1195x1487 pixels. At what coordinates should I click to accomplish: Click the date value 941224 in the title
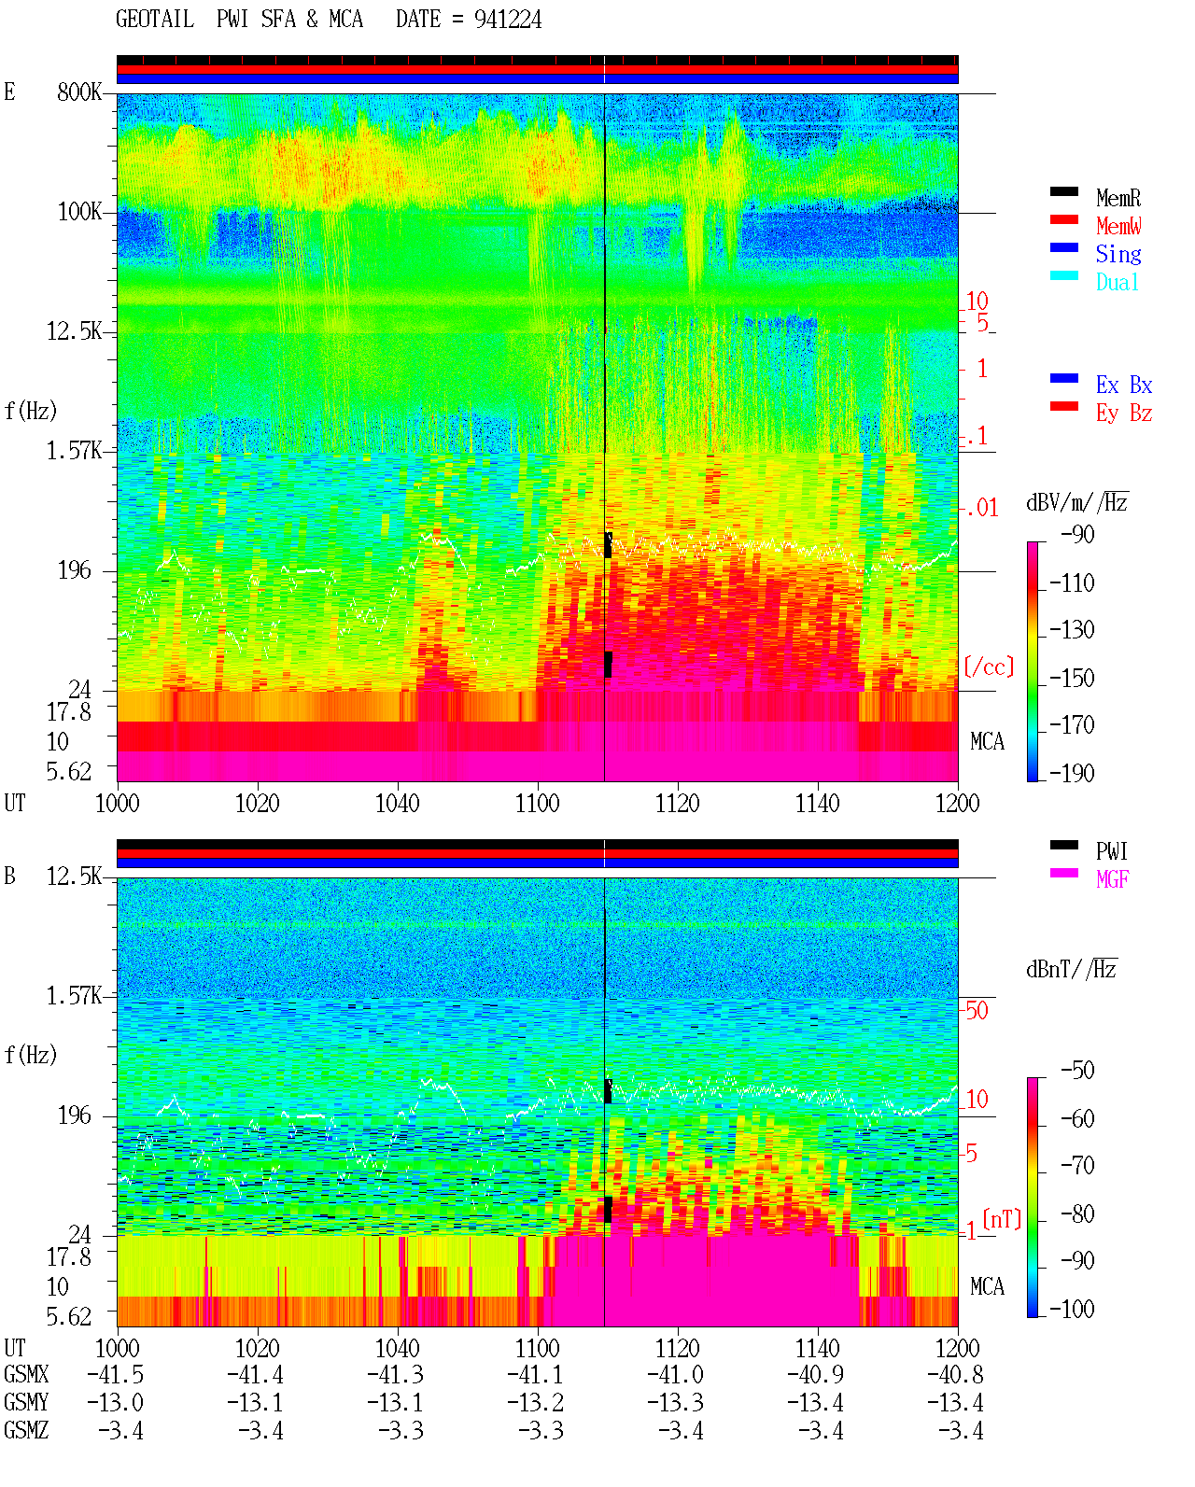click(x=507, y=20)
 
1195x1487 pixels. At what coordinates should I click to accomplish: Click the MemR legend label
click(x=1118, y=198)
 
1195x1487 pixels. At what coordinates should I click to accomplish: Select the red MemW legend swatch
click(x=1063, y=219)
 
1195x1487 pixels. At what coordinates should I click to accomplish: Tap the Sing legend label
click(x=1118, y=254)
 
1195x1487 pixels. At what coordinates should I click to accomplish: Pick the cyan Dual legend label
click(x=1117, y=282)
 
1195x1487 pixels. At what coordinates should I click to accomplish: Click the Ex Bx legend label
click(x=1124, y=385)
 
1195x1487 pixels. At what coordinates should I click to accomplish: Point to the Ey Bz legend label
click(x=1124, y=414)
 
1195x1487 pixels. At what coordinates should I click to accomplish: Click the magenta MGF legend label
click(x=1112, y=879)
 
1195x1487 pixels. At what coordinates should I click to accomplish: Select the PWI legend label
click(x=1111, y=851)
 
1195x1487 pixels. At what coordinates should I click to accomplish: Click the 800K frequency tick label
click(x=79, y=91)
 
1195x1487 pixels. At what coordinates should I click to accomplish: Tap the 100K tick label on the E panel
click(x=79, y=212)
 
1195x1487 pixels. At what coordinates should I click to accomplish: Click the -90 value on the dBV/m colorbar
click(x=1077, y=534)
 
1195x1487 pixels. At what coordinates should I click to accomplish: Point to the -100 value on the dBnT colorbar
click(x=1072, y=1309)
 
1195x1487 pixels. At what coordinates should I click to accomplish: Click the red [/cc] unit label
click(x=989, y=666)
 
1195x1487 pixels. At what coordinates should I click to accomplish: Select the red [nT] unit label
click(x=1002, y=1219)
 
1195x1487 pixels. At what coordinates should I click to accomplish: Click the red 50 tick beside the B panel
click(x=977, y=1011)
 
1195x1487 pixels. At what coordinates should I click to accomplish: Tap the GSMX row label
click(x=26, y=1374)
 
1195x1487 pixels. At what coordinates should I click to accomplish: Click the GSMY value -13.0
click(x=115, y=1403)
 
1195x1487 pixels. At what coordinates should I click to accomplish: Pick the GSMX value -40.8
click(x=955, y=1374)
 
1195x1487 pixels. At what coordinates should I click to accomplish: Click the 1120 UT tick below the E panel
click(x=678, y=804)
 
